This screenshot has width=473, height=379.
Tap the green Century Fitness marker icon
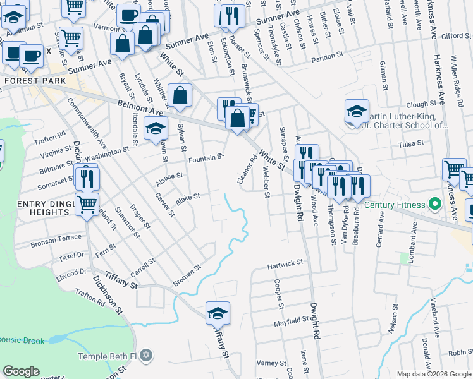pyautogui.click(x=434, y=205)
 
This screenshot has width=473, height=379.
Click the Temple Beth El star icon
pyautogui.click(x=147, y=356)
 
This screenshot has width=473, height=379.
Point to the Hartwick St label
pyautogui.click(x=285, y=263)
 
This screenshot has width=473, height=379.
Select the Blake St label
pyautogui.click(x=188, y=198)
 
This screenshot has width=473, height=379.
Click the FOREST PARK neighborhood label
pyautogui.click(x=31, y=81)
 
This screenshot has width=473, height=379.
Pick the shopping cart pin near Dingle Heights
pyautogui.click(x=87, y=204)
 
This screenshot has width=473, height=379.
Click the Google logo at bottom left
pyautogui.click(x=21, y=371)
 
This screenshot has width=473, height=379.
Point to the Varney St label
pyautogui.click(x=272, y=363)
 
